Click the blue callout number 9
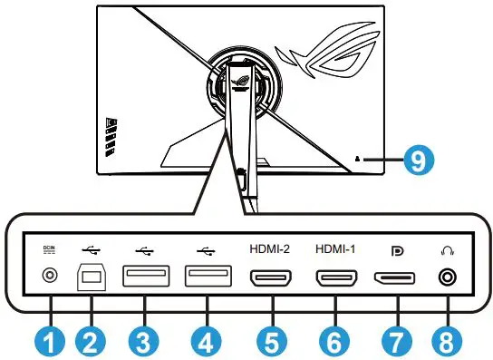416,161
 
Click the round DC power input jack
49,278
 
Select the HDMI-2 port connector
269,278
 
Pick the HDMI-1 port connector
335,278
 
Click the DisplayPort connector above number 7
396,278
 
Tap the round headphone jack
445,278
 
